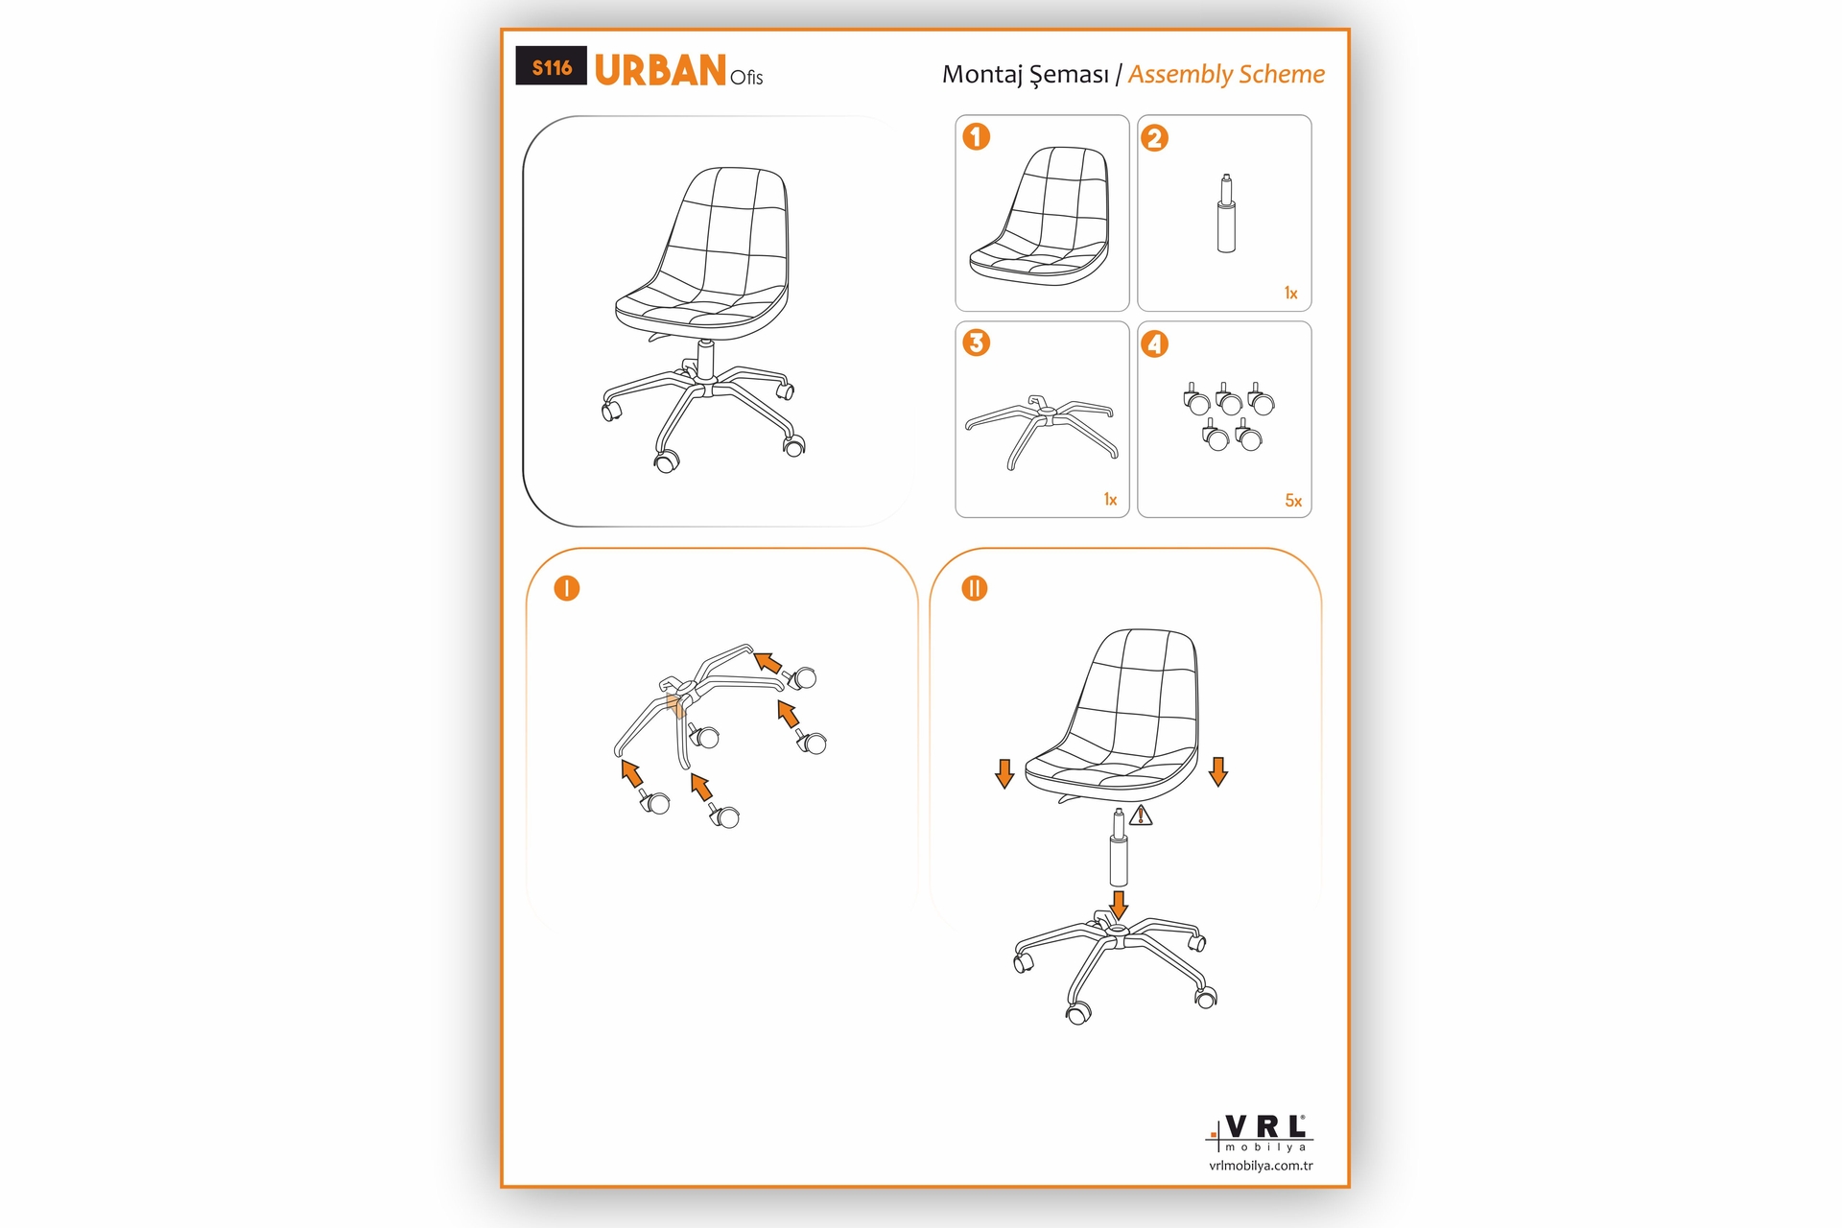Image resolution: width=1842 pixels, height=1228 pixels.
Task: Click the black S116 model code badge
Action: click(551, 66)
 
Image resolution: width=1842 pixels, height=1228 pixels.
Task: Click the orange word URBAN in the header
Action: click(660, 70)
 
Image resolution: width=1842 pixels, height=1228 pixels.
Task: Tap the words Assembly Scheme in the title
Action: click(1226, 74)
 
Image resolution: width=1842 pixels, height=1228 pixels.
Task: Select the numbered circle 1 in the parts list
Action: click(977, 136)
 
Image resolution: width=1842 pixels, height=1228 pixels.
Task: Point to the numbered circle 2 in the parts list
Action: click(1154, 138)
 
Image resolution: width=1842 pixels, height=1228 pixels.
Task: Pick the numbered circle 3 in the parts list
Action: click(977, 342)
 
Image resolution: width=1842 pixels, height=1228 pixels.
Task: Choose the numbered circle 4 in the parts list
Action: click(1154, 343)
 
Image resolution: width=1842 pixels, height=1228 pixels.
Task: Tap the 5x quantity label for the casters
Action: click(1293, 501)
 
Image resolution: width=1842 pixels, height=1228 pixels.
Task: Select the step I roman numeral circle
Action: click(567, 588)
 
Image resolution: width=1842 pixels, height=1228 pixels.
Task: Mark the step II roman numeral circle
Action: click(975, 588)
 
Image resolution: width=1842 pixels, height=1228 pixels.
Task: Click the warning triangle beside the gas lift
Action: click(1141, 815)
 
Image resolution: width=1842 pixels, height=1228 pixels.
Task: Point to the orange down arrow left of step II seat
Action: click(1004, 773)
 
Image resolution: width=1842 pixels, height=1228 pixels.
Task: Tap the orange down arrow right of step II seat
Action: click(1218, 771)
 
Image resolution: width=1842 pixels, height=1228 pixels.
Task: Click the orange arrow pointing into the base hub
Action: click(1118, 904)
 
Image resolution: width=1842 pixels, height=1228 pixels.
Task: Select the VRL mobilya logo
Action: click(1260, 1133)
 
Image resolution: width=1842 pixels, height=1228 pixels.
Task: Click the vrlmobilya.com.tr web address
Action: click(1261, 1166)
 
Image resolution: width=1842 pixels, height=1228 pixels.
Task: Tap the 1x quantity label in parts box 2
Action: click(1291, 294)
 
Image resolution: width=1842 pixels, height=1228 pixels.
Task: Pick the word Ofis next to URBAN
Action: click(746, 78)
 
